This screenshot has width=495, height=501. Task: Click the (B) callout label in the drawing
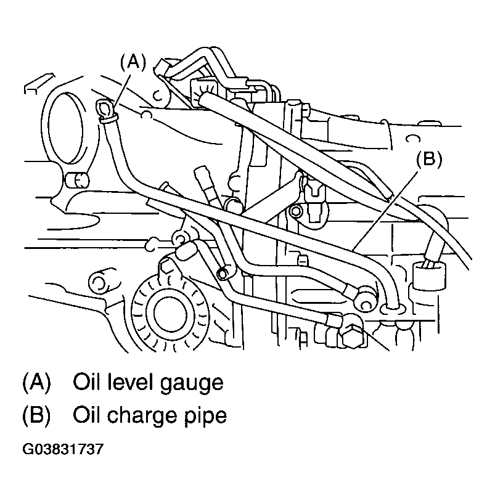(429, 159)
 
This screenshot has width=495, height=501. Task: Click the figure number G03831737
(63, 449)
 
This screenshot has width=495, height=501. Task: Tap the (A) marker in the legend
(36, 382)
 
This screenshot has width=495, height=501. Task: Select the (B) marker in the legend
(36, 415)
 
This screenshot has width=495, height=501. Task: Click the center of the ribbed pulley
(170, 313)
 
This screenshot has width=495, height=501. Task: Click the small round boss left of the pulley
(99, 281)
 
